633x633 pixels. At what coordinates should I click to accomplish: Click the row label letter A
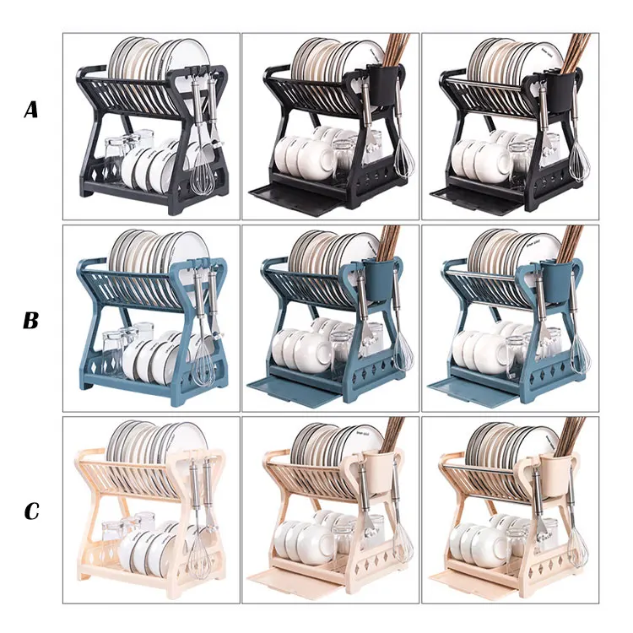click(x=31, y=110)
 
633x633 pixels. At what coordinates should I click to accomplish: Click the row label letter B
click(x=30, y=320)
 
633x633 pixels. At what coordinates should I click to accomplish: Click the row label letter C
click(x=31, y=511)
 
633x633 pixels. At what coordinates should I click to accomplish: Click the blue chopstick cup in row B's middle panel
click(x=378, y=279)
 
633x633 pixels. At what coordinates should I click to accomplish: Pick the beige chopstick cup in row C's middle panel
click(x=379, y=473)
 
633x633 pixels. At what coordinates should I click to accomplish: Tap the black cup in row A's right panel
click(x=561, y=89)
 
